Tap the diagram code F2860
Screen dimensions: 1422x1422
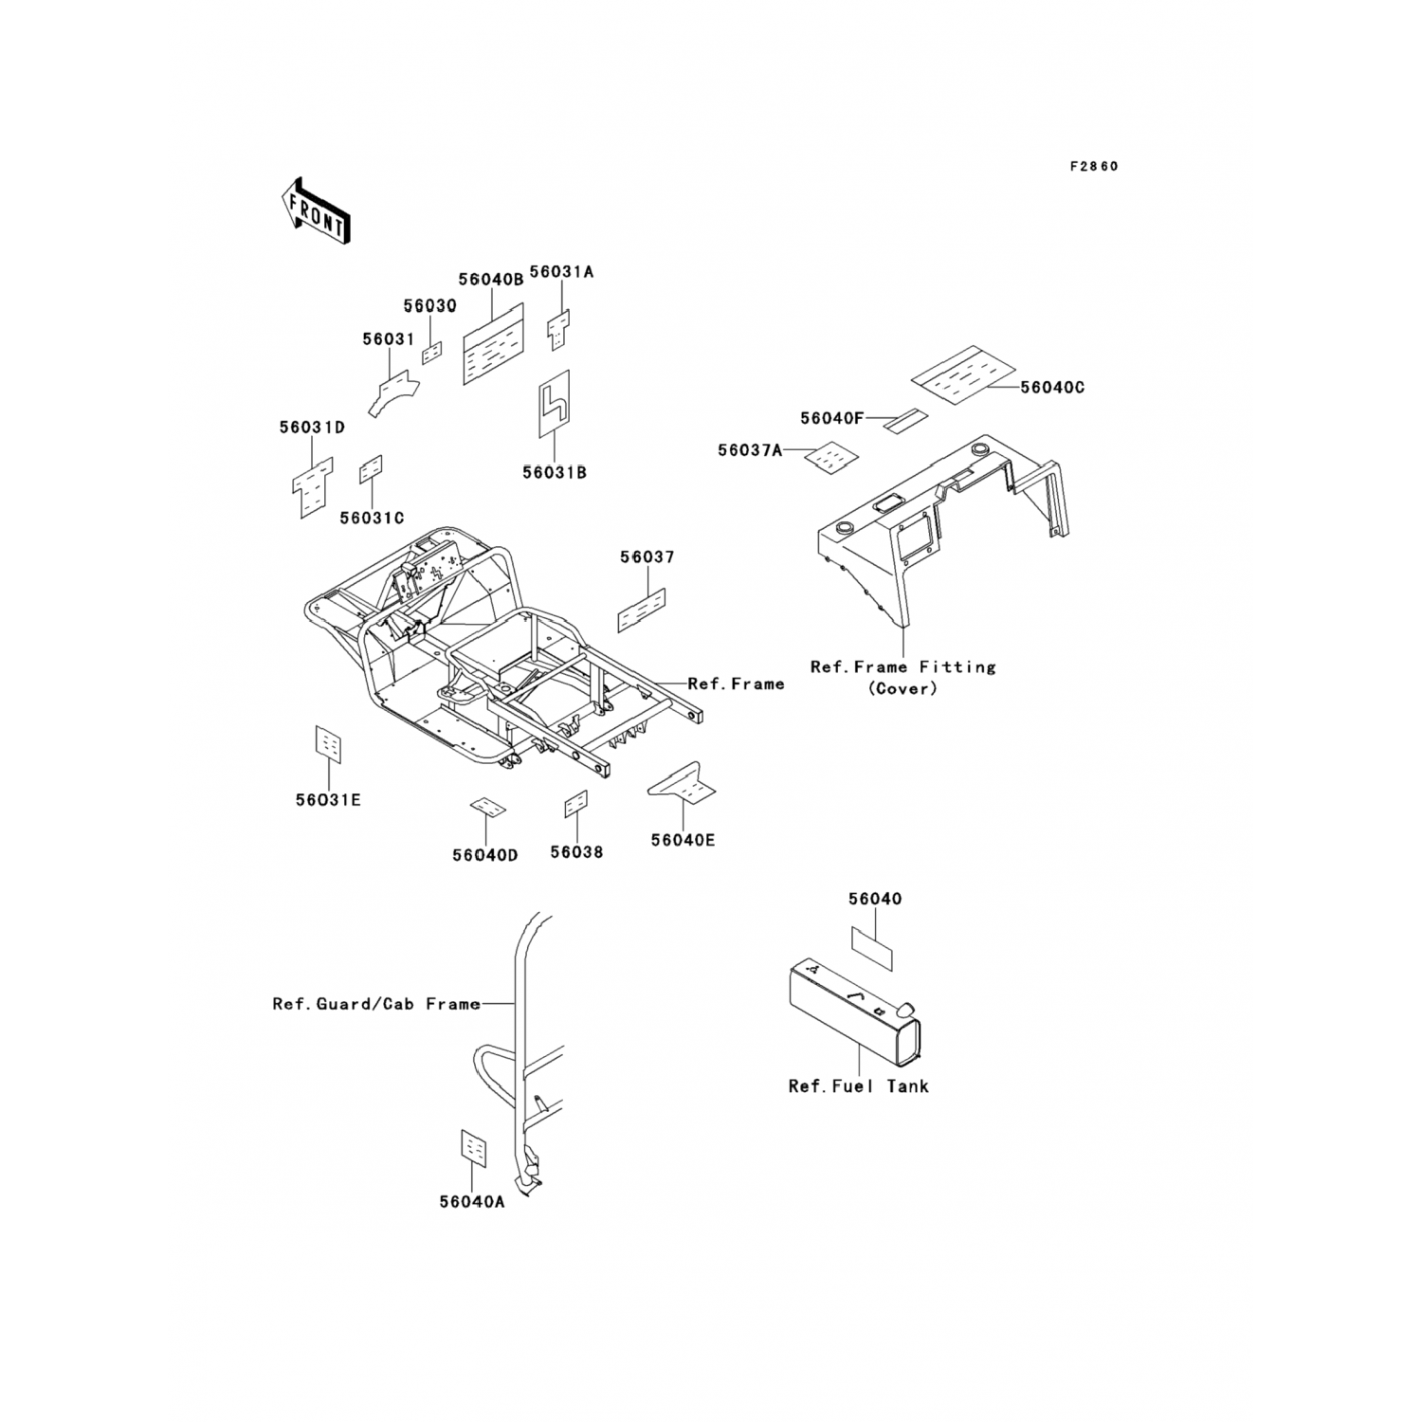pos(1093,167)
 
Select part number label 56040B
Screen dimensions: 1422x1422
pos(490,280)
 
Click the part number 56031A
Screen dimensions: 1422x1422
pos(561,272)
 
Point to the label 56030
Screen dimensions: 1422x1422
pos(429,306)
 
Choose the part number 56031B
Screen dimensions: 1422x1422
pos(554,472)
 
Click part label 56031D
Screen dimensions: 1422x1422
pos(312,428)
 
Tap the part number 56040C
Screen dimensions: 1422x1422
pos(1052,388)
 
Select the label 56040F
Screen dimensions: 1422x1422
pos(831,418)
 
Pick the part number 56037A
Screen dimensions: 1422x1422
pos(750,450)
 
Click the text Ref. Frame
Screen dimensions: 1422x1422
pos(736,684)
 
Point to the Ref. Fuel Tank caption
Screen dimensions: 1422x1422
pos(858,1086)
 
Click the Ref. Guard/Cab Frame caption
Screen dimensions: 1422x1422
pos(376,1004)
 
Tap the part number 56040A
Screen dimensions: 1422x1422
pos(472,1202)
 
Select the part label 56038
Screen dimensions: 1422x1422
pos(576,852)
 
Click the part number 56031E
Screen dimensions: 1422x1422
pos(328,800)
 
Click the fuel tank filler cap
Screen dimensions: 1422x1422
pos(905,1007)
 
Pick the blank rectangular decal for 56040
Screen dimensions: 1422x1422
pos(871,947)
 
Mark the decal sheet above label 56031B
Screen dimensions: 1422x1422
pos(555,404)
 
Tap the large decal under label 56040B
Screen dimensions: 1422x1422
pos(493,344)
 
